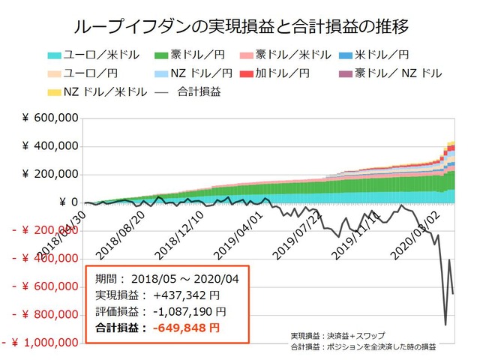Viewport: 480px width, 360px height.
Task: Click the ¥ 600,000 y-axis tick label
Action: coord(50,118)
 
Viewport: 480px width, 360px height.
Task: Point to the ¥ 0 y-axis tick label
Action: coord(66,202)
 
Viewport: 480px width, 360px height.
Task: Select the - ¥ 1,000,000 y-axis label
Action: coord(40,343)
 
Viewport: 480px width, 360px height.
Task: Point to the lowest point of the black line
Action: coord(445,325)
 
